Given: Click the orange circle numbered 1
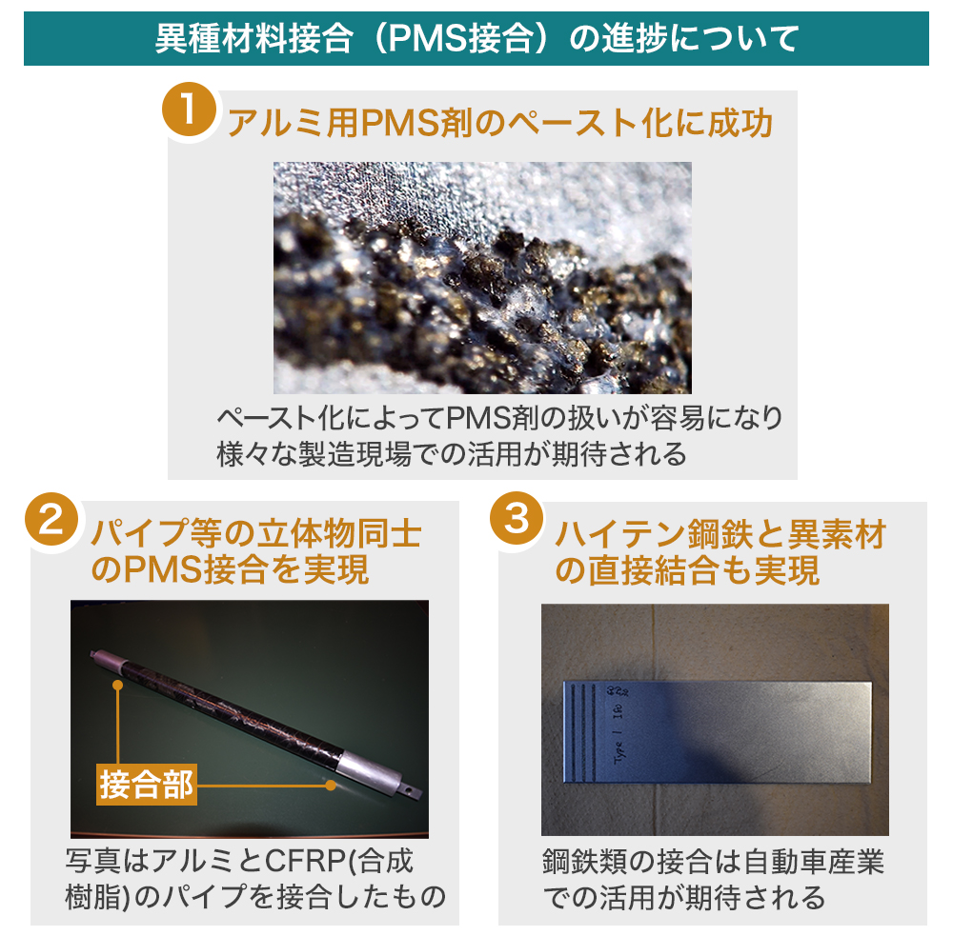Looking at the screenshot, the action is pyautogui.click(x=189, y=110).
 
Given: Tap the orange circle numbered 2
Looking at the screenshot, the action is pyautogui.click(x=51, y=519).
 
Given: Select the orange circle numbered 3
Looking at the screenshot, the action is pyautogui.click(x=517, y=518).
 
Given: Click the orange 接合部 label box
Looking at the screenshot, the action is pyautogui.click(x=147, y=785).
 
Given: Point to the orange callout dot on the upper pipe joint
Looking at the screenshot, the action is pyautogui.click(x=118, y=686).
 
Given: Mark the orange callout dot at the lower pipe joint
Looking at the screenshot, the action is pyautogui.click(x=331, y=785).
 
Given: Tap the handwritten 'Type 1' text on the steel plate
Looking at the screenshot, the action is pyautogui.click(x=619, y=741).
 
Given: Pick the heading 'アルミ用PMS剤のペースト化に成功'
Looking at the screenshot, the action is pyautogui.click(x=499, y=123).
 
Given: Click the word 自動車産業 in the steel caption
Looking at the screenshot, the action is pyautogui.click(x=813, y=862).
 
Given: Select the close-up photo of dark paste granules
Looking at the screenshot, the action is pyautogui.click(x=482, y=278).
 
